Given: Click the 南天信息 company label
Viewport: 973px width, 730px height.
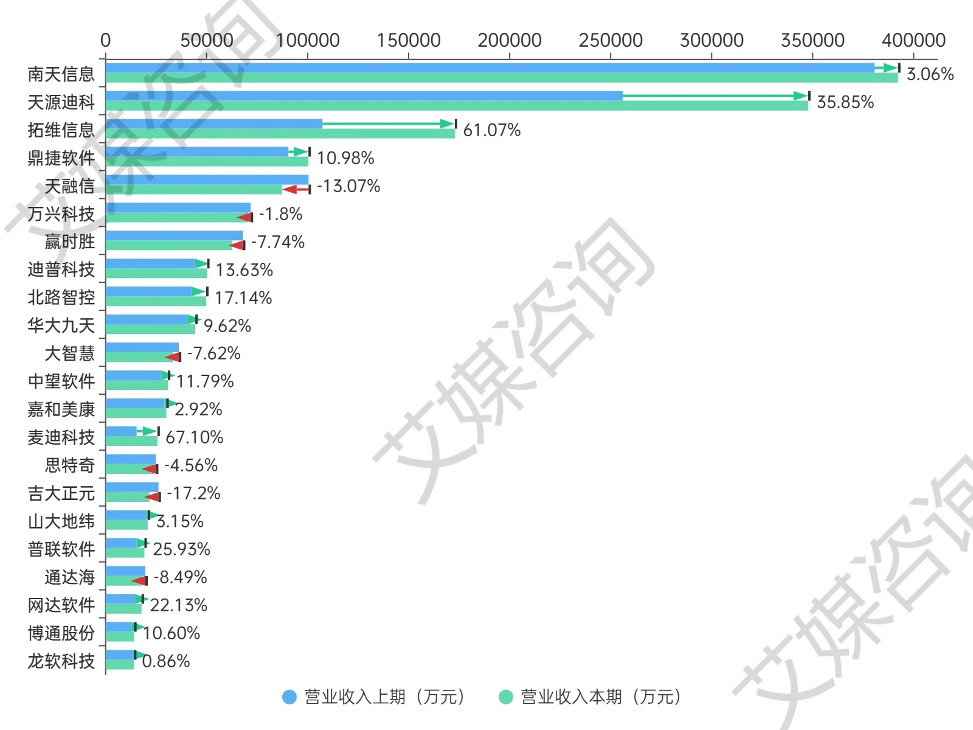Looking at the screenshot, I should tap(61, 74).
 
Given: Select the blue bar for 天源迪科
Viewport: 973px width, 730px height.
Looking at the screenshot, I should tap(364, 96).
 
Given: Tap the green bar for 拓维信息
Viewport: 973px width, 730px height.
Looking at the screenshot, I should tap(280, 134).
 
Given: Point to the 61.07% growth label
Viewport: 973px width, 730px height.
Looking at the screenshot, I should tap(491, 130).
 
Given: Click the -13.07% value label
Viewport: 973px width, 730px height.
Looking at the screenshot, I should tap(348, 186).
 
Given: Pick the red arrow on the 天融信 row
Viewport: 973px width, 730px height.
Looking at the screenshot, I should tap(296, 190).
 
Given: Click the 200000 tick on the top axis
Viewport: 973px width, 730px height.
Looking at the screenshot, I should tap(509, 41).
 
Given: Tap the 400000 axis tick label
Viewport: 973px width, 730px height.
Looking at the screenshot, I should tap(913, 41).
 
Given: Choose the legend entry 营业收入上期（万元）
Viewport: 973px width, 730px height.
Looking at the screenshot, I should tap(375, 697).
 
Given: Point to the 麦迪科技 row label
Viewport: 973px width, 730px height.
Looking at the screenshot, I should tap(61, 437).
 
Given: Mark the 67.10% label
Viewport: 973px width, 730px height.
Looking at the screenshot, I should tap(194, 437).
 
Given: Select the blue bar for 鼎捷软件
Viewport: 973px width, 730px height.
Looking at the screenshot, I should tap(196, 152).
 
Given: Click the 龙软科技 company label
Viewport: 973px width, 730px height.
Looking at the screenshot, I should tap(61, 661).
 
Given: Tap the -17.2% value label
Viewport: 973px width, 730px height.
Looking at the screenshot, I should tap(193, 493).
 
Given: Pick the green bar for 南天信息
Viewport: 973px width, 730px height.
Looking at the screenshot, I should tap(501, 78).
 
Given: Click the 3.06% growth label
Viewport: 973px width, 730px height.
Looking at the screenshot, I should tap(930, 74).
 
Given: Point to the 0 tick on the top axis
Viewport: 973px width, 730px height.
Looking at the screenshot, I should tap(105, 41).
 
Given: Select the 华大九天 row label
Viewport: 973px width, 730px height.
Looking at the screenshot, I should tap(61, 325).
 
